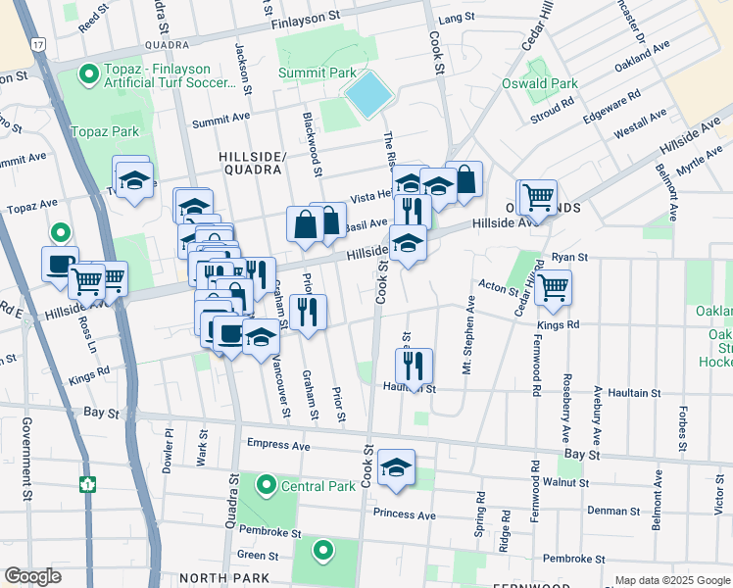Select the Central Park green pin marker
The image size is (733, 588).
(x=266, y=484)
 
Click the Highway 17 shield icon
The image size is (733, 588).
(x=37, y=45)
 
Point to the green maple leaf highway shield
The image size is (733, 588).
(x=87, y=483)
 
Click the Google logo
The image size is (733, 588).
(x=33, y=576)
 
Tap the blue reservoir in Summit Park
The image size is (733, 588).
(x=368, y=95)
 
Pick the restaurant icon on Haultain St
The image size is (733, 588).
(x=415, y=366)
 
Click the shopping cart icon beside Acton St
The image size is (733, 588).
(x=554, y=287)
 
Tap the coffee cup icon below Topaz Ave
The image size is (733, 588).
(x=59, y=263)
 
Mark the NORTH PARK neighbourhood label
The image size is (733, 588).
(x=237, y=577)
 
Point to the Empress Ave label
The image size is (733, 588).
(x=278, y=445)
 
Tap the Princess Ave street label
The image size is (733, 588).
(x=404, y=514)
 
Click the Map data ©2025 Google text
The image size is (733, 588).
(x=671, y=579)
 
